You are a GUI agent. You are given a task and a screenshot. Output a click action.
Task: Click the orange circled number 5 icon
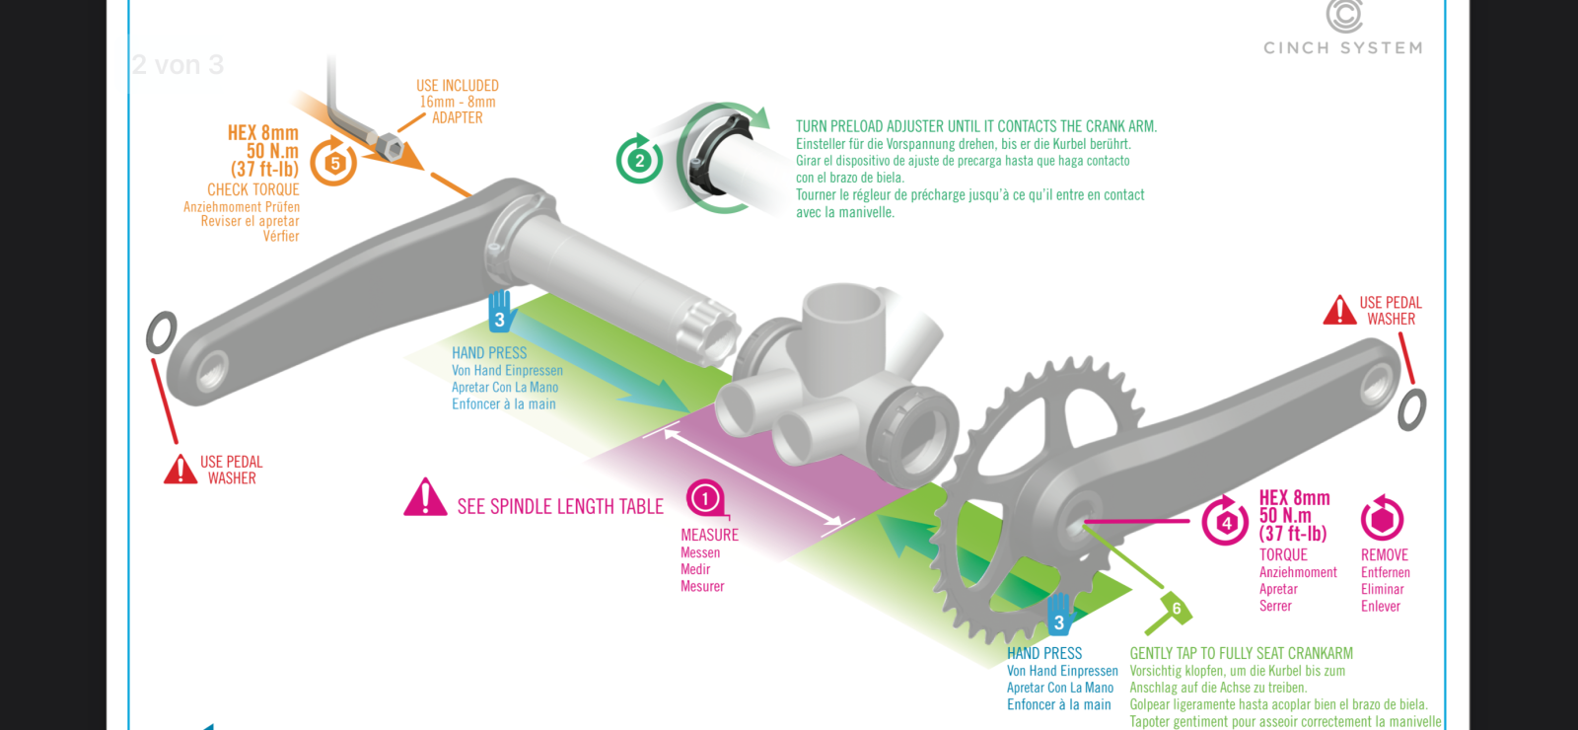click(x=334, y=163)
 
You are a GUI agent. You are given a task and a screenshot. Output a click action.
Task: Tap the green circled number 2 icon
click(x=639, y=160)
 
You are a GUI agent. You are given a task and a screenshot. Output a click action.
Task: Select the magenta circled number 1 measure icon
click(x=705, y=498)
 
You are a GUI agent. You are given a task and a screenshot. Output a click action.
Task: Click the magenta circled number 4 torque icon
click(x=1226, y=522)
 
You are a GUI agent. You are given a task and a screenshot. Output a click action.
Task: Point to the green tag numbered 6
click(x=1176, y=610)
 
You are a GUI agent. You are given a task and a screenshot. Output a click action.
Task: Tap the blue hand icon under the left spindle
click(x=500, y=312)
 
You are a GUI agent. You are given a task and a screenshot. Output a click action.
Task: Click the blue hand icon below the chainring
click(x=1059, y=615)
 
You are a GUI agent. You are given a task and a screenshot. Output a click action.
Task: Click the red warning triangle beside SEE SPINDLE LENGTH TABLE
click(x=425, y=499)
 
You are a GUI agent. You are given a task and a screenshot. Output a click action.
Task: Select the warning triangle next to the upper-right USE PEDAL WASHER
click(x=1339, y=311)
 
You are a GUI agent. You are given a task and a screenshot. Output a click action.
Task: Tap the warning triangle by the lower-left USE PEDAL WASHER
click(x=180, y=470)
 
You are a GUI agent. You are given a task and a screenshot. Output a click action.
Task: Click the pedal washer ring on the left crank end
click(x=161, y=333)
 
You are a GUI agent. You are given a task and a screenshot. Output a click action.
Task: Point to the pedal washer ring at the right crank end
click(x=1411, y=408)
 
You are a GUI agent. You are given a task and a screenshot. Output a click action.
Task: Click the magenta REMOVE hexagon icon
click(x=1382, y=519)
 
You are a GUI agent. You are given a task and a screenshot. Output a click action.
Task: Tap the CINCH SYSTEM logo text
click(x=1342, y=48)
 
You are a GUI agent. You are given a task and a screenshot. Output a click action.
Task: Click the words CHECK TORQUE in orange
click(x=252, y=189)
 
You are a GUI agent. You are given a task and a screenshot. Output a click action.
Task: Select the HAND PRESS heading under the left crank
click(x=489, y=353)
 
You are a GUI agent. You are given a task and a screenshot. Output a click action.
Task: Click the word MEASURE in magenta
click(x=709, y=535)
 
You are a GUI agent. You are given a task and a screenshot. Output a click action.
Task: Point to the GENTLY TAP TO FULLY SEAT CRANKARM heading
click(x=1241, y=653)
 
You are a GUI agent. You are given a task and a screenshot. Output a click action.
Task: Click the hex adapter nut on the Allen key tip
click(x=390, y=147)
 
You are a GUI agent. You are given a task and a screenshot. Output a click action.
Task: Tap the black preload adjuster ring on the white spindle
click(x=703, y=160)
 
